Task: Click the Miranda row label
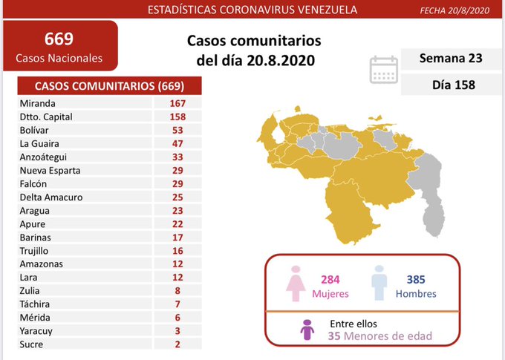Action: [x=39, y=103]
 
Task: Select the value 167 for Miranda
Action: [x=177, y=103]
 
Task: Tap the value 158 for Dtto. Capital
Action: [x=177, y=117]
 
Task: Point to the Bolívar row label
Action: [x=36, y=130]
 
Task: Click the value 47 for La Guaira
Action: [x=177, y=143]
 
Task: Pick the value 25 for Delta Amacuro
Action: [x=177, y=197]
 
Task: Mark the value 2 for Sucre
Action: [x=177, y=344]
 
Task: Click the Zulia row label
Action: [x=31, y=290]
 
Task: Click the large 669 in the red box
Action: [x=59, y=38]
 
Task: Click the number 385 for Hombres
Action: [x=415, y=279]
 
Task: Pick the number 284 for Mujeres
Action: [x=330, y=279]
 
